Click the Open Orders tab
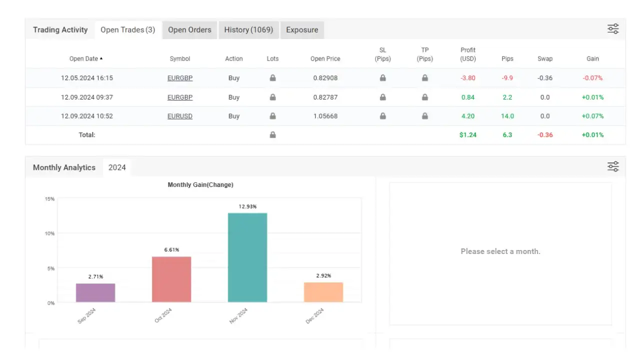189,30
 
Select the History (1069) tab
248,30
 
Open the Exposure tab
302,30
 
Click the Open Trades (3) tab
127,30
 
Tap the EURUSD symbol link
180,116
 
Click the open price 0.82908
325,78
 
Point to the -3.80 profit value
468,78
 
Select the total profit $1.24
468,135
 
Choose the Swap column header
545,59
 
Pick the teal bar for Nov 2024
247,257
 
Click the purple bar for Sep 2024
95,292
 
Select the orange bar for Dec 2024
323,292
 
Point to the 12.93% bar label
247,206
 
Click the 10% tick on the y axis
49,233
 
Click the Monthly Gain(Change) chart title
200,185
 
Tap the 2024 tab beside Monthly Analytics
117,167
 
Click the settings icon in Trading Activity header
613,29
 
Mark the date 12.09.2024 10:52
87,116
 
